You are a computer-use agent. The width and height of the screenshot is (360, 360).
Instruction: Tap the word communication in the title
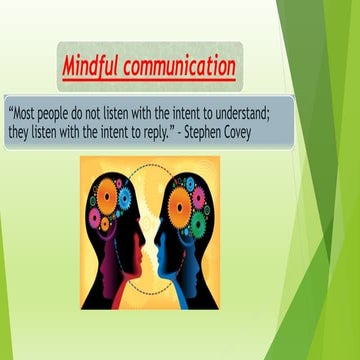pos(180,68)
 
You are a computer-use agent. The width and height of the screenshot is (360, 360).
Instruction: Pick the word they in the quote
pos(24,133)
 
